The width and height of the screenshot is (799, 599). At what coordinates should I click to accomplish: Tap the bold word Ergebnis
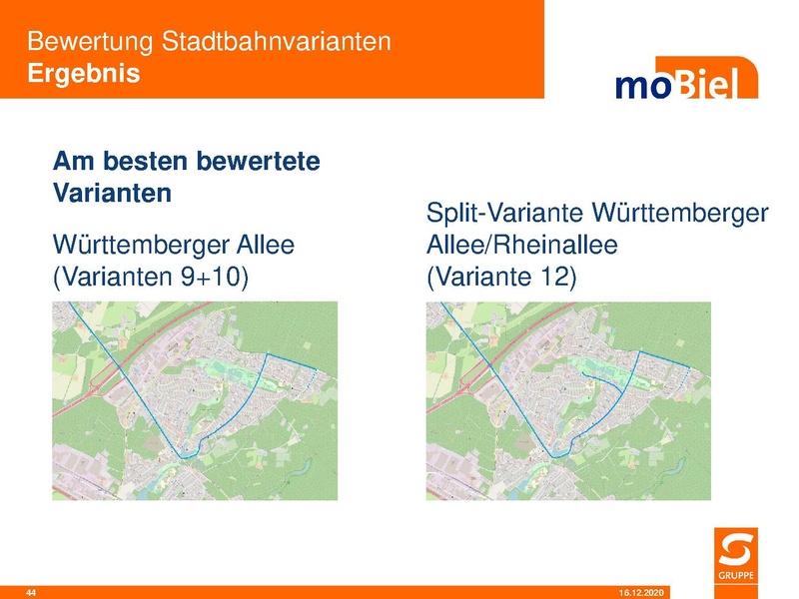[84, 74]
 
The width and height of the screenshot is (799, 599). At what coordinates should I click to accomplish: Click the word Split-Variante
[504, 213]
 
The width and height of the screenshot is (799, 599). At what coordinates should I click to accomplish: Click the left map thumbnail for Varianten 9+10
[195, 399]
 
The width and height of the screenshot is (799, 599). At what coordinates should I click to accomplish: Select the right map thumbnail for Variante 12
[568, 399]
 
